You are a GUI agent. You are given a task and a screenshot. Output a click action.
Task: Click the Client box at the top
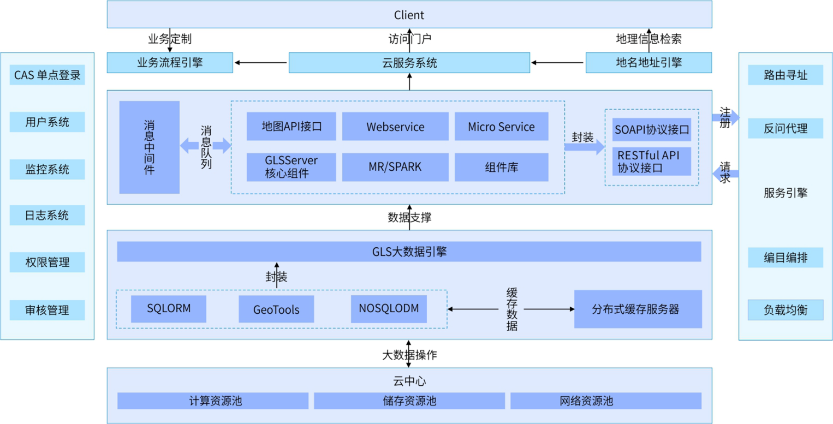tap(409, 15)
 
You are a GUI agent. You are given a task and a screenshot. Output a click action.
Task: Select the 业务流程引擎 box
tap(170, 63)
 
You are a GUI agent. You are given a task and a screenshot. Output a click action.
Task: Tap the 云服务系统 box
tap(409, 63)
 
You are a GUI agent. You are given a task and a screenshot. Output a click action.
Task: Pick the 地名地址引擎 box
tap(648, 63)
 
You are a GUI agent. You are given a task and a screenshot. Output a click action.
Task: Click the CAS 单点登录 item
tap(47, 75)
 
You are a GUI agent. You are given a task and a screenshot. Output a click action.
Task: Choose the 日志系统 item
tap(47, 215)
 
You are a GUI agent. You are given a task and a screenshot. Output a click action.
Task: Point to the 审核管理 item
tap(47, 310)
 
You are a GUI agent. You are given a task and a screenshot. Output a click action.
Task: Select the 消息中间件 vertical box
tap(149, 147)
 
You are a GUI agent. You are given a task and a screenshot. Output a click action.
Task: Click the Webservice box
tap(395, 127)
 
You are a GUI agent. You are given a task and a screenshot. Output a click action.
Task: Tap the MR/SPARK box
tap(395, 167)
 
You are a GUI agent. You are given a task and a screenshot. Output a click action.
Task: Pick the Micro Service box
tap(501, 127)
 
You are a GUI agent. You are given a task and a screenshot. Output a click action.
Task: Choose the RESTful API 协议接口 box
tap(651, 162)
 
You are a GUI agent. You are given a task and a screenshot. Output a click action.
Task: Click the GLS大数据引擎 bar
tap(409, 252)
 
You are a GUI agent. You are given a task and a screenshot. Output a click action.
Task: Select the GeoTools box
tap(276, 309)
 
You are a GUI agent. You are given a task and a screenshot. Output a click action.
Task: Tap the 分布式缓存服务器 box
tap(638, 309)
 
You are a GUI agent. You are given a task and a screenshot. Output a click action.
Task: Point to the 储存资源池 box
tap(409, 401)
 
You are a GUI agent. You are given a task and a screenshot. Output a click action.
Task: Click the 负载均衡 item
tap(786, 310)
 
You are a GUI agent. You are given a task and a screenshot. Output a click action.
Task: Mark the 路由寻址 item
tap(786, 75)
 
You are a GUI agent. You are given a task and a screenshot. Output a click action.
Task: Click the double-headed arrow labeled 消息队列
tap(206, 146)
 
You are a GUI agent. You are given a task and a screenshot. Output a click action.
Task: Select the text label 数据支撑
tap(409, 217)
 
